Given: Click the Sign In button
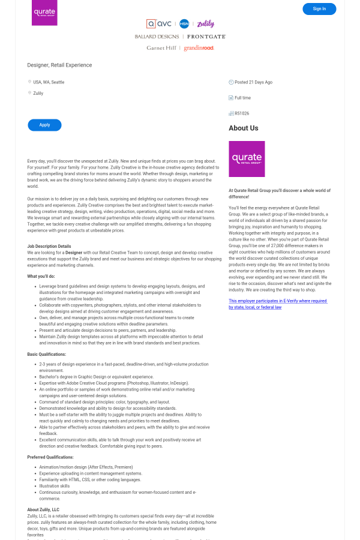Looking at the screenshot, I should click(319, 9).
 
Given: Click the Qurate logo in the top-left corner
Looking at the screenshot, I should click(44, 13).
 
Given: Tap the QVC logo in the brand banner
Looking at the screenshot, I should click(159, 24).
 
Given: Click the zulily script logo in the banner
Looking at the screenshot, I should click(205, 24).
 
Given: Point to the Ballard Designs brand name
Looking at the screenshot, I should click(157, 37).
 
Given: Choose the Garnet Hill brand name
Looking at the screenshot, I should click(161, 48).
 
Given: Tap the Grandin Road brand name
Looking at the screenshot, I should click(199, 48).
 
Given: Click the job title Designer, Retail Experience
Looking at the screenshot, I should click(59, 65).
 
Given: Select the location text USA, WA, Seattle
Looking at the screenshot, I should click(49, 82).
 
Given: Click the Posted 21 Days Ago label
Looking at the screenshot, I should click(253, 82).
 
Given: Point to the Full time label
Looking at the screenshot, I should click(242, 98).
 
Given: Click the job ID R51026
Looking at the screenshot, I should click(242, 113).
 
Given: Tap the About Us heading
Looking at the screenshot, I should click(243, 128).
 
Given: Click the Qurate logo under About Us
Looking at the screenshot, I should click(247, 159).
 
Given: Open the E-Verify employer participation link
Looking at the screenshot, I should click(277, 304).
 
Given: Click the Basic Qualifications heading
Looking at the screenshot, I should click(47, 355).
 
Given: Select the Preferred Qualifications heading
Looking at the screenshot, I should click(50, 457).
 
